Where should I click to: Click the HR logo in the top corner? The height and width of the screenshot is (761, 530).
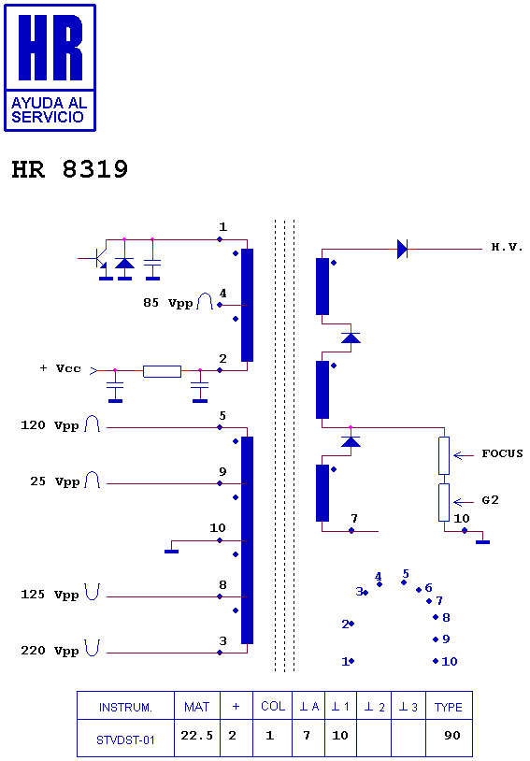coord(50,66)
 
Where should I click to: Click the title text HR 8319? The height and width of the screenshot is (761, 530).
coord(69,170)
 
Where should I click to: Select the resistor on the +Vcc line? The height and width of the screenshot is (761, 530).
coord(162,371)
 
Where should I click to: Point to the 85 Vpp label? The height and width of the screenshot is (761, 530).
coord(167,303)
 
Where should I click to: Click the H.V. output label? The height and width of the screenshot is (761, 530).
coord(507,248)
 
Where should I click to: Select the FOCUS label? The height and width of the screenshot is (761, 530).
coord(502,454)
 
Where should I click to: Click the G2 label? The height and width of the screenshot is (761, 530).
coord(490,500)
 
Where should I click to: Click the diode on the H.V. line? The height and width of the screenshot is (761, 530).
coord(402,249)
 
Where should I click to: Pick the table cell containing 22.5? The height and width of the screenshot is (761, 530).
coord(196,737)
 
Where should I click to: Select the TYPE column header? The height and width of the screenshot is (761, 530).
coord(449,707)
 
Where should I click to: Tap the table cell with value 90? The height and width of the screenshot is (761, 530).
coord(451,737)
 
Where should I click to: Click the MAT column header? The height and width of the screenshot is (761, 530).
coord(196,707)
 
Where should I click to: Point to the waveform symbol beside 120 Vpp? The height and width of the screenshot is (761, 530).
coord(93,425)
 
